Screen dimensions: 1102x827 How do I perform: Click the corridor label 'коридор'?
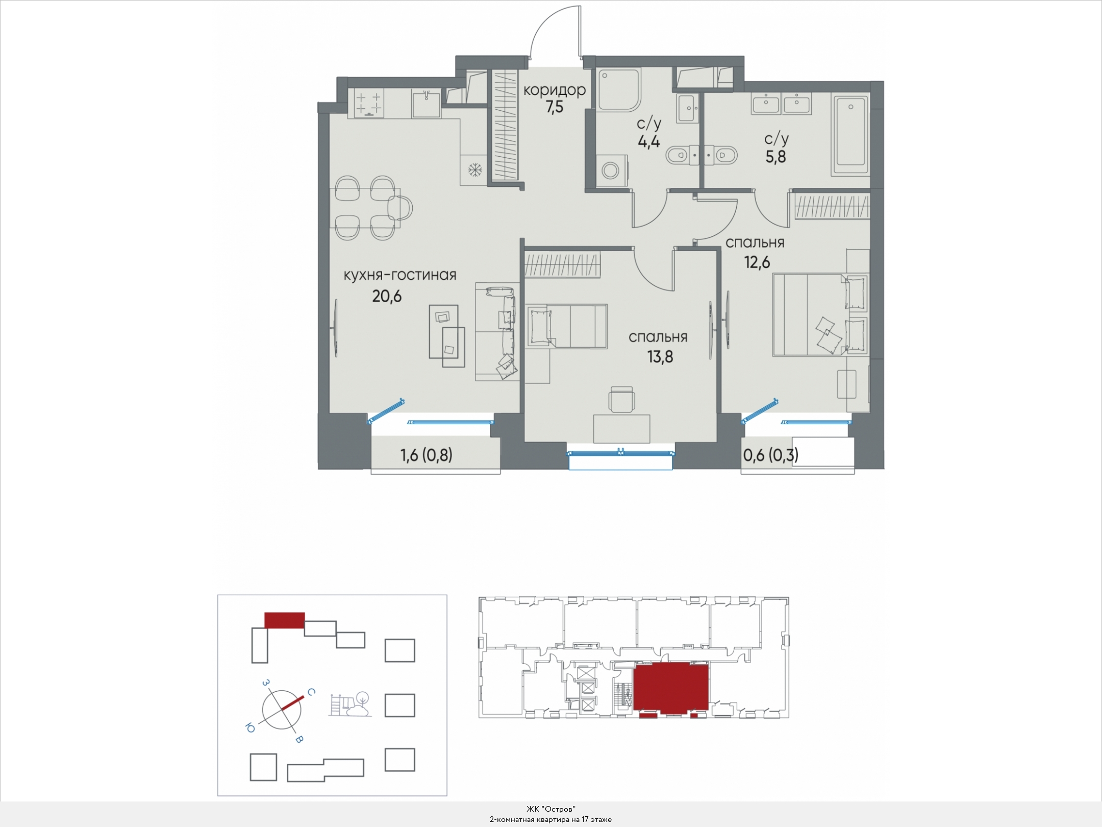[554, 90]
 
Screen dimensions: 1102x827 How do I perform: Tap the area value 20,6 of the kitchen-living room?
[387, 296]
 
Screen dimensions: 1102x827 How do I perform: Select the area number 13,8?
[660, 357]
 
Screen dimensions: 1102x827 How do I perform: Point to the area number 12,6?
[757, 262]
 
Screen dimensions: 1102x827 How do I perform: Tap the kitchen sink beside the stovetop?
[425, 104]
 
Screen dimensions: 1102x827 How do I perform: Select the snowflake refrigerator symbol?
[475, 170]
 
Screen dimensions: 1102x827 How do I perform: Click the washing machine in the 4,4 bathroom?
[611, 170]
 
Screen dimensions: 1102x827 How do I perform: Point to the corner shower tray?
[618, 90]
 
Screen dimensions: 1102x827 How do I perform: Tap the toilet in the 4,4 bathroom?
[679, 155]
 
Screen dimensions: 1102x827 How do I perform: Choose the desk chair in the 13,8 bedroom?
[622, 399]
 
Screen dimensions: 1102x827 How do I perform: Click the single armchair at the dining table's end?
[399, 208]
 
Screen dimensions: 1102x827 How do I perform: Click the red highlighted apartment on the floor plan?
[670, 687]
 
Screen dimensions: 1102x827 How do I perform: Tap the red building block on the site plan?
[285, 620]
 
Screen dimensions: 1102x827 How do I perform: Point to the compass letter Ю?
[250, 728]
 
